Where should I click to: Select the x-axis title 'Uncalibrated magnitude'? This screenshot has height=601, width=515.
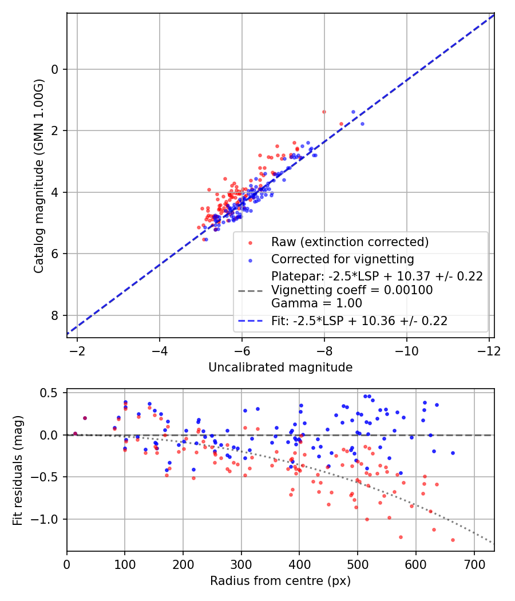280,367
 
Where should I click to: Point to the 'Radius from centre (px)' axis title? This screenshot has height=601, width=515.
280,581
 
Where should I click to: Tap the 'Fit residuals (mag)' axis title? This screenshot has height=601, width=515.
18,470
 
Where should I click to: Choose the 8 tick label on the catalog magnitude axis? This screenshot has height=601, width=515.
55,315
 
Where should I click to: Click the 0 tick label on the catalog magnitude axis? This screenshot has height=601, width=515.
55,70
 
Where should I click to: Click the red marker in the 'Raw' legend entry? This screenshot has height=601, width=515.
250,242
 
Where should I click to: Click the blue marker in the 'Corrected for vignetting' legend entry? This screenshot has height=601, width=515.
250,258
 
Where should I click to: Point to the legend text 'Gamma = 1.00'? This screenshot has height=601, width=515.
316,303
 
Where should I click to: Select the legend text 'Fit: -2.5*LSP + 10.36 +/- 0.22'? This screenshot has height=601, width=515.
359,321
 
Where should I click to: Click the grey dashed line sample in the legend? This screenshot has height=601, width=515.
250,290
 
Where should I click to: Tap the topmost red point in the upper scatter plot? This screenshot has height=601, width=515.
324,112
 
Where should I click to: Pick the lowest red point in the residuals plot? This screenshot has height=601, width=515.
453,540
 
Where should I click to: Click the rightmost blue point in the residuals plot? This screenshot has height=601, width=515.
453,453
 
